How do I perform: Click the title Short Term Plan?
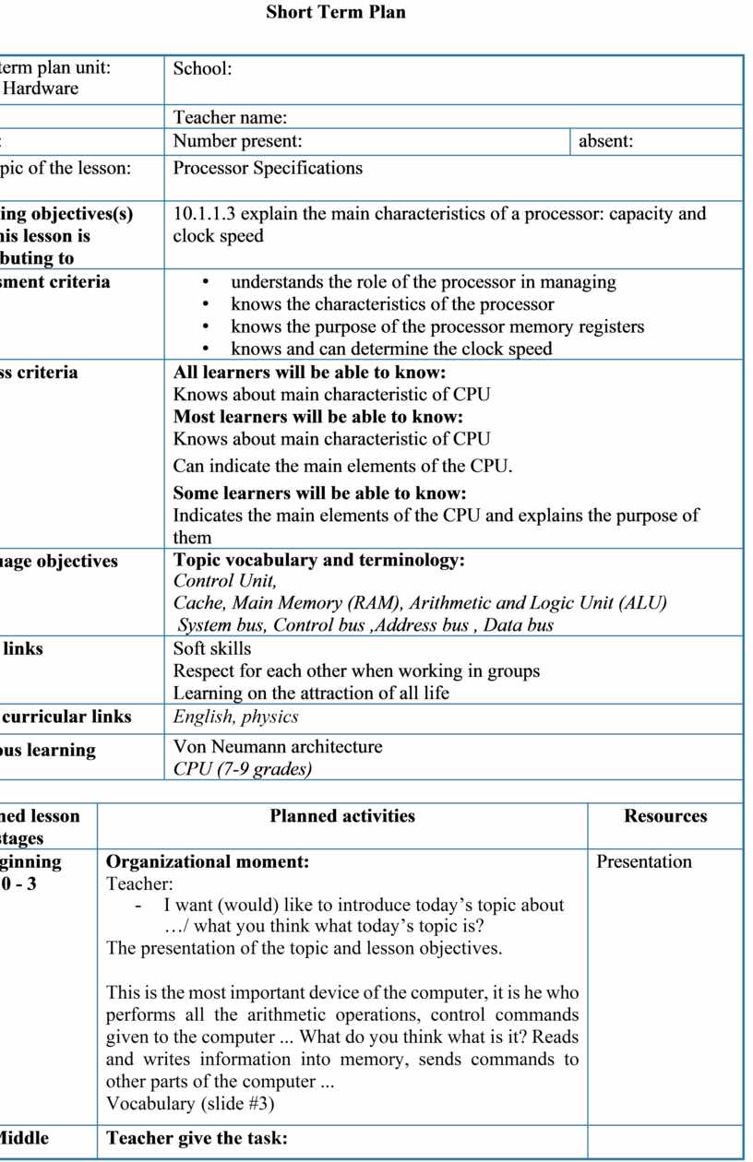(x=335, y=13)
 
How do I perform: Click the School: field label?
(x=202, y=68)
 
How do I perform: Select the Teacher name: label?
(x=231, y=117)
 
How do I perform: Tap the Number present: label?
(x=238, y=141)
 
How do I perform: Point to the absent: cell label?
(x=605, y=141)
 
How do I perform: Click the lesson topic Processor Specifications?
(x=268, y=168)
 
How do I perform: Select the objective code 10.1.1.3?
(x=204, y=214)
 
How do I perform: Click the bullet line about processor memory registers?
(x=437, y=326)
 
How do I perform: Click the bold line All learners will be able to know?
(x=309, y=373)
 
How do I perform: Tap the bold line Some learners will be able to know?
(x=319, y=492)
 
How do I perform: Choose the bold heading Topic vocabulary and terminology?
(x=318, y=560)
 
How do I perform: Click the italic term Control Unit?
(x=225, y=581)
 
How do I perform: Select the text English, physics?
(x=236, y=717)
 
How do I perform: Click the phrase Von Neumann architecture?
(x=278, y=746)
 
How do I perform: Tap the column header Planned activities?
(x=342, y=816)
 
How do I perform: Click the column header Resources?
(x=665, y=816)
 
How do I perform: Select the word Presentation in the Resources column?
(x=644, y=862)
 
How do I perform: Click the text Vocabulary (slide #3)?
(x=190, y=1103)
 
